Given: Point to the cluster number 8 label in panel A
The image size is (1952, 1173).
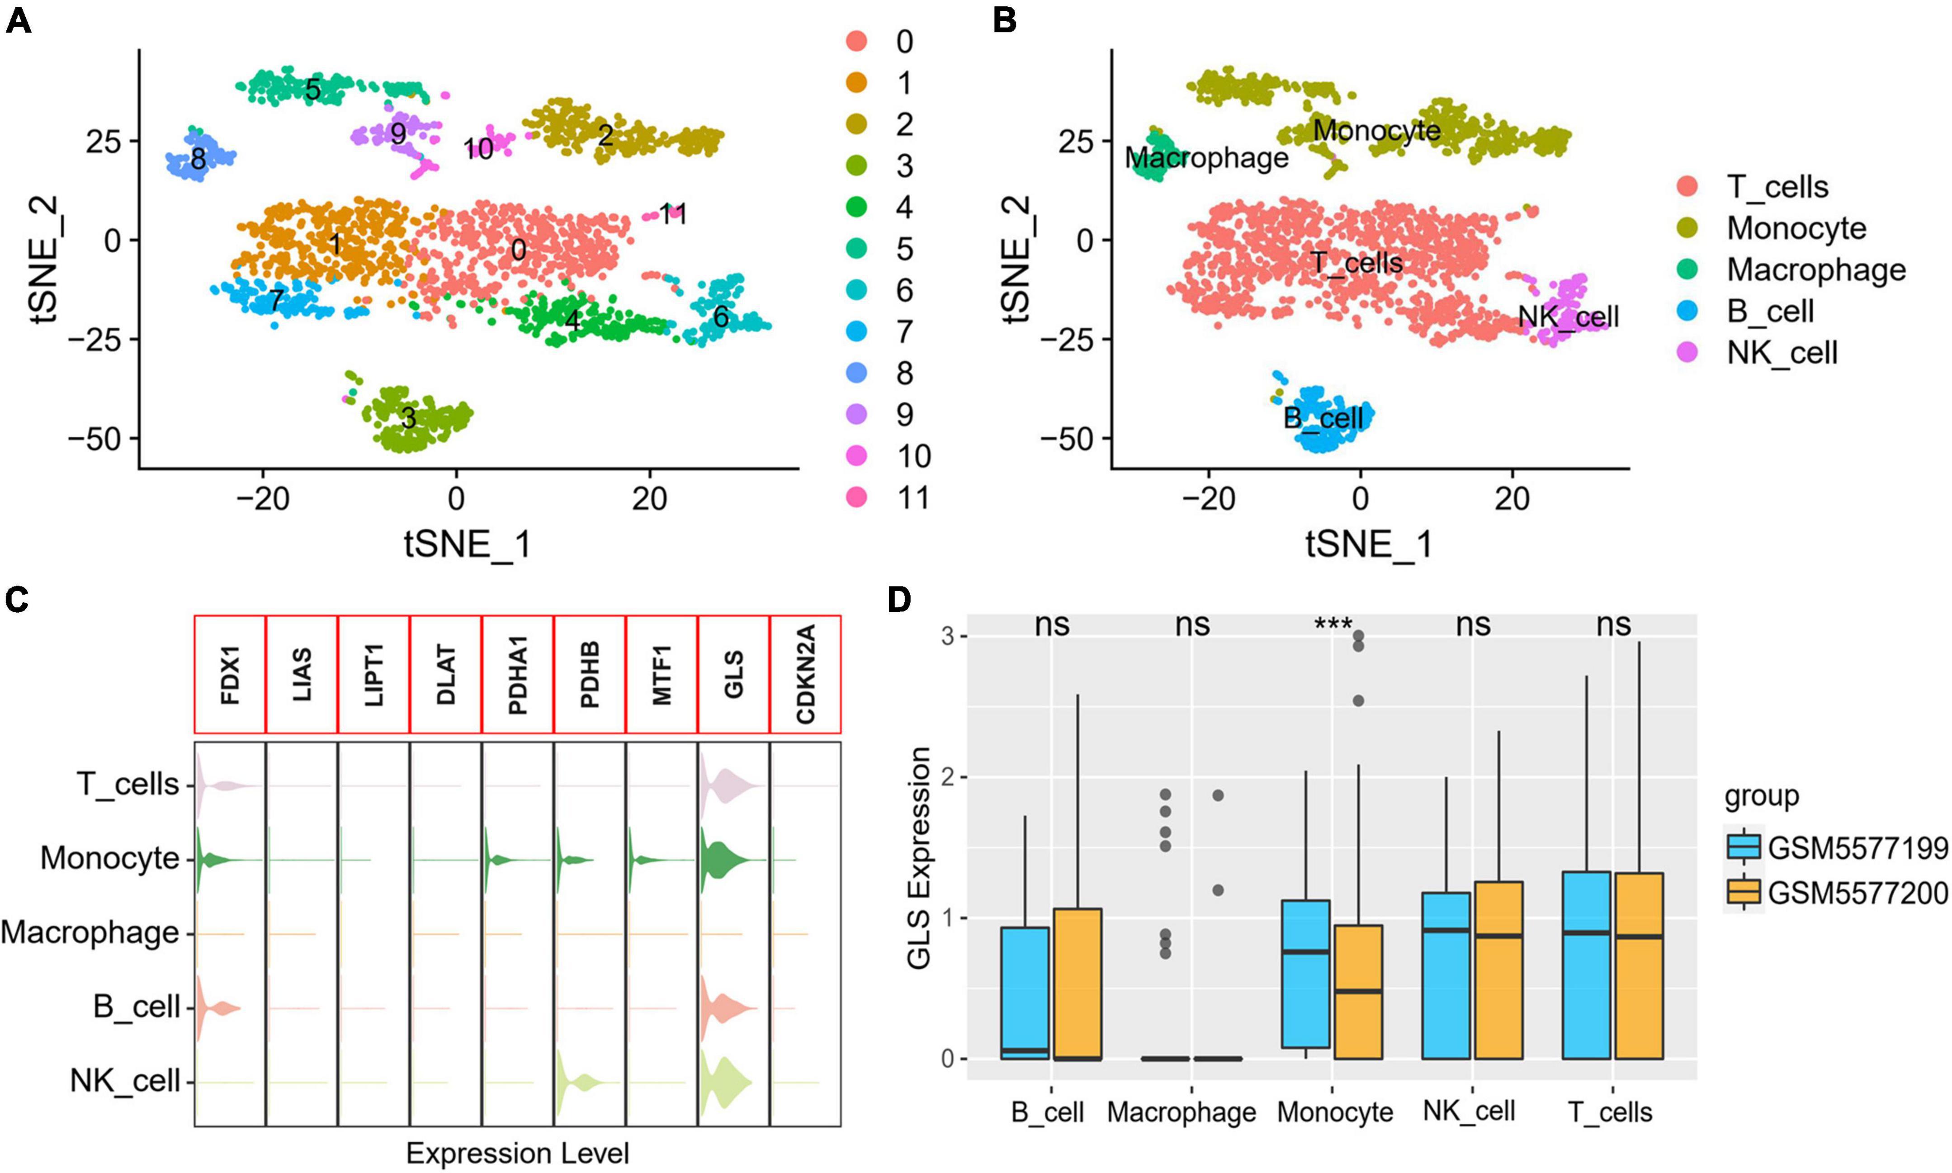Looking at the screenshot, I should (198, 159).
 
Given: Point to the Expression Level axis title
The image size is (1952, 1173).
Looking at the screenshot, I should (518, 1153).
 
